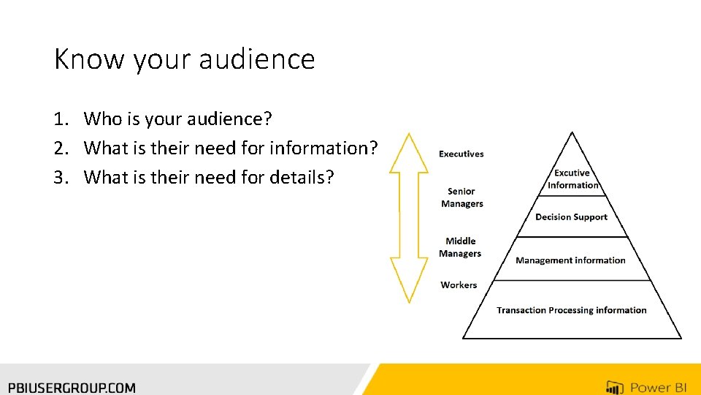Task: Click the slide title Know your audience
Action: pos(184,59)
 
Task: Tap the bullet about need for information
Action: pos(231,148)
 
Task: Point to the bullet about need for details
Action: pos(208,177)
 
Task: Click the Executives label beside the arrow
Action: pos(461,154)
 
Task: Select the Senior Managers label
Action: pos(461,197)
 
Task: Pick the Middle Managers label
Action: pos(460,247)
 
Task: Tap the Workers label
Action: pos(459,285)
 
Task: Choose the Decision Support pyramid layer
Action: pos(571,217)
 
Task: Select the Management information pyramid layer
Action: pos(570,260)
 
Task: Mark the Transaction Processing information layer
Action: pos(571,310)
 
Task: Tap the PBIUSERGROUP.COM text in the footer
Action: pos(72,388)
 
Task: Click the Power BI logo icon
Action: pos(614,387)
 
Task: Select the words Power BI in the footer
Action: pos(659,388)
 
